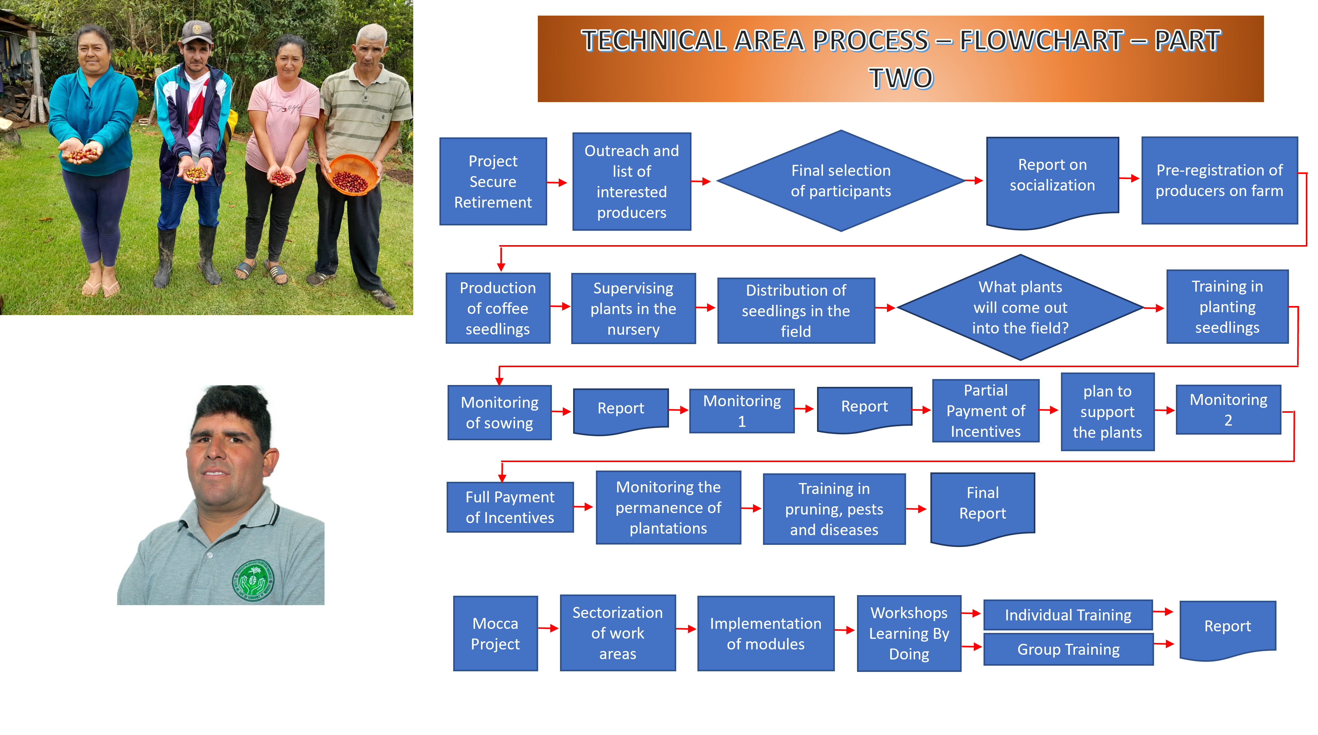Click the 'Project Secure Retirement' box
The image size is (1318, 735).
(x=493, y=182)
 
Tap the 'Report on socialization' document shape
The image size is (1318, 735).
(x=1052, y=176)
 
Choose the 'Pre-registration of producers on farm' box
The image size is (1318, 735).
(x=1219, y=180)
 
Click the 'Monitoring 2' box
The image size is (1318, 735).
(x=1228, y=410)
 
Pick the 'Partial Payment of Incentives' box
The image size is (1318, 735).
(x=985, y=411)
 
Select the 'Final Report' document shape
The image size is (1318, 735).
(x=982, y=504)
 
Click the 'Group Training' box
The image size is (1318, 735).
(x=1068, y=649)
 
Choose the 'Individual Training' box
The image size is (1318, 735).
(x=1068, y=615)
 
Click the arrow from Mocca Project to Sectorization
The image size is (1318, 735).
(x=548, y=629)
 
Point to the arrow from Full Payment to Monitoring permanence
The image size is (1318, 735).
(x=584, y=507)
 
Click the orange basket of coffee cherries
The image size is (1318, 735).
(x=352, y=175)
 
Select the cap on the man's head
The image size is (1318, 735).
(x=197, y=31)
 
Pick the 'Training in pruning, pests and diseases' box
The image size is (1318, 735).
(x=834, y=509)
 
